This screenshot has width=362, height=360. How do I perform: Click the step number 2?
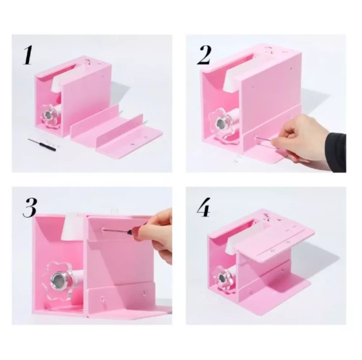click(204, 55)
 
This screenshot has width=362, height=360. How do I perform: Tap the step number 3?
click(29, 208)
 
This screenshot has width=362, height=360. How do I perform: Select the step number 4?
click(204, 208)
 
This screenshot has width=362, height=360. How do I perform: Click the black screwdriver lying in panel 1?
click(42, 144)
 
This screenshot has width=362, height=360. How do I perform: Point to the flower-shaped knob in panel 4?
click(224, 276)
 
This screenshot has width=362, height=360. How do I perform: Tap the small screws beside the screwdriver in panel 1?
click(52, 142)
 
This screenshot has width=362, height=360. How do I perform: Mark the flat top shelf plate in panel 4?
click(275, 241)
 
